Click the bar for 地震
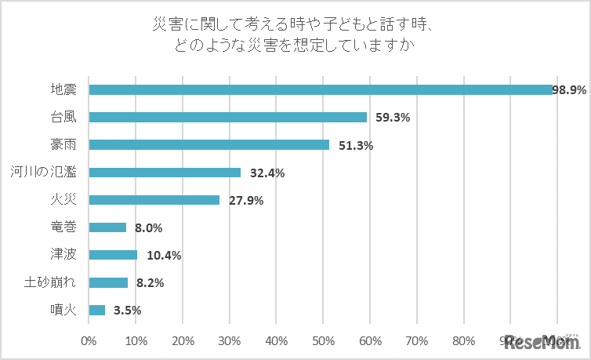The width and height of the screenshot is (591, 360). coord(321,89)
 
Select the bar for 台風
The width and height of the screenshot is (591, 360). coord(228,117)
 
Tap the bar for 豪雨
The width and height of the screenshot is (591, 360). coord(209,144)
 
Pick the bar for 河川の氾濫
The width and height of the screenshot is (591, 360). coord(165,173)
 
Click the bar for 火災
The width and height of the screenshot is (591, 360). coord(154,200)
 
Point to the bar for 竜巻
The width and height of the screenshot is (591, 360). coord(107,227)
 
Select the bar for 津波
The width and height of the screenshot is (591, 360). coord(113,255)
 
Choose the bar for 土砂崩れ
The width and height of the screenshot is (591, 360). coord(108,282)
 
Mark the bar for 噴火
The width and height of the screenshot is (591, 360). coord(97,310)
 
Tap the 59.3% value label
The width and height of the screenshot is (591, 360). coord(392,118)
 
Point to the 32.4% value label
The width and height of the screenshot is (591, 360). coord(266,173)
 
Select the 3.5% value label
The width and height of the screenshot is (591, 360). coord(127,311)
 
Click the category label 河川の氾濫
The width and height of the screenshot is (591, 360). coord(43,173)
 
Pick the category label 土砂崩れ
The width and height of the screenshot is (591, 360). coord(50,282)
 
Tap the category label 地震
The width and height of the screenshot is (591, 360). coord(63,89)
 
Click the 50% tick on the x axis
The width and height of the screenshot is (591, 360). coord(323,341)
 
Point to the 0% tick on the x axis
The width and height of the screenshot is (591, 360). coord(89,341)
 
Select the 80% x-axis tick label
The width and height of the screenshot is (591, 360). coord(464,341)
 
